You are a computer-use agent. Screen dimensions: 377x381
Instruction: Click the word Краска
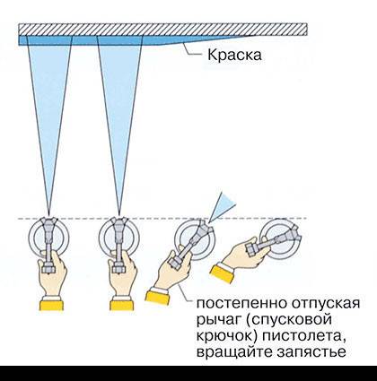point(234,56)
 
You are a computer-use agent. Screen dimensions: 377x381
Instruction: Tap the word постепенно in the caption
point(241,304)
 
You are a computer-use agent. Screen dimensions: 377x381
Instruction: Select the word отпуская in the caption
point(325,304)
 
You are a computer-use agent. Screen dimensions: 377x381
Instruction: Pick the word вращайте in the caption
point(234,351)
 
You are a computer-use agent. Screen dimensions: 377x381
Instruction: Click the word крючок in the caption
point(227,336)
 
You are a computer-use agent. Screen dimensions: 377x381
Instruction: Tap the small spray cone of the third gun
point(224,207)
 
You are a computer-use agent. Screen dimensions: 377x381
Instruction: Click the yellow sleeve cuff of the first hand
point(51,306)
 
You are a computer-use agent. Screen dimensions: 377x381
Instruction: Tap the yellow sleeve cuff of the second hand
point(121,306)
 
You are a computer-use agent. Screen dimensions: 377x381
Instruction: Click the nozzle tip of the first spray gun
point(48,221)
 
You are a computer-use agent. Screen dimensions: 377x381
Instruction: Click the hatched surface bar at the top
point(162,29)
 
